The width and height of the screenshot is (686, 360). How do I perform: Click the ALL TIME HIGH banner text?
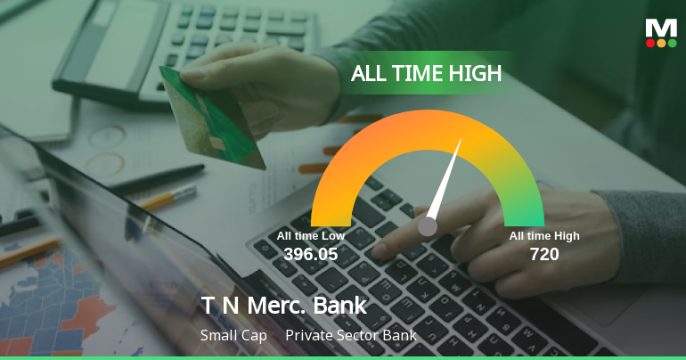[426, 74]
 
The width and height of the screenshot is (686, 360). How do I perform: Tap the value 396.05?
[311, 254]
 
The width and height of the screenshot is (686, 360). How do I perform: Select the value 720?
[544, 254]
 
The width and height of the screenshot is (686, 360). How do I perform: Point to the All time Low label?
[310, 236]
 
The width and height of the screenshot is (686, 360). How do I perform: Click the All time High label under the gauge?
[544, 236]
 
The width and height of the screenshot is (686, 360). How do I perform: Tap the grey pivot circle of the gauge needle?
[428, 226]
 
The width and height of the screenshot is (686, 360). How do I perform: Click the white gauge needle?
[446, 178]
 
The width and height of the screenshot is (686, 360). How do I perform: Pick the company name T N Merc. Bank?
[283, 306]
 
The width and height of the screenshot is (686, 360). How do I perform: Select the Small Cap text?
[233, 336]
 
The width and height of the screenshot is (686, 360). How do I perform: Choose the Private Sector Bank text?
[351, 336]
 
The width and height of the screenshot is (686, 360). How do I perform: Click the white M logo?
[661, 28]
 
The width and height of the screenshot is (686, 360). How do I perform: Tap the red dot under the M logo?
[650, 43]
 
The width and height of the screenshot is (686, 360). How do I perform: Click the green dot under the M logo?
[672, 43]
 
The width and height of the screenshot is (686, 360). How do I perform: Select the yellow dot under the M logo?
[661, 43]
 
